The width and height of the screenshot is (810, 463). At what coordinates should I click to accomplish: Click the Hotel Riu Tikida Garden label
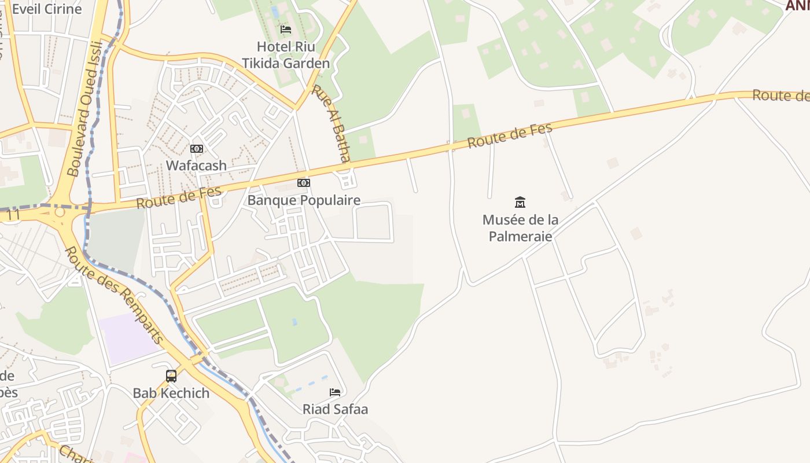click(x=286, y=55)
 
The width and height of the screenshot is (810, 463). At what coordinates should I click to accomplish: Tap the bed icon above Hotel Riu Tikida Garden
click(x=286, y=29)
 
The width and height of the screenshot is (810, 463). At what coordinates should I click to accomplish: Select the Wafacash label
click(x=196, y=166)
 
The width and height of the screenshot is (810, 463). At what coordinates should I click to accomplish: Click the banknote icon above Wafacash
click(x=197, y=149)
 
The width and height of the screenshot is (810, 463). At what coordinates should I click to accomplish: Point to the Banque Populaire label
click(x=304, y=200)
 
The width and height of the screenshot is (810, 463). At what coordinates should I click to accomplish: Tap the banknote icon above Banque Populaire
click(x=304, y=183)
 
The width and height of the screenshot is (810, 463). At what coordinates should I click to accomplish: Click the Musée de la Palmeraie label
click(x=520, y=228)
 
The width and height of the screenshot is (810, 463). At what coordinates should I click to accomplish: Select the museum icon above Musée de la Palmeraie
click(x=520, y=202)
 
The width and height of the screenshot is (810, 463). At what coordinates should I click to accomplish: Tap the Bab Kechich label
click(x=171, y=393)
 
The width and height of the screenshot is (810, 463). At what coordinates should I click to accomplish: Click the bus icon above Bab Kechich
click(x=171, y=376)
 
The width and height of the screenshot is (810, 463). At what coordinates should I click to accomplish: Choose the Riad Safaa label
click(x=335, y=409)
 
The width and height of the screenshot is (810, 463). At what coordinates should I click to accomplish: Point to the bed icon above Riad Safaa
click(x=335, y=392)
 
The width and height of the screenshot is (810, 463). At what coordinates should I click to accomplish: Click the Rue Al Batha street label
click(x=332, y=124)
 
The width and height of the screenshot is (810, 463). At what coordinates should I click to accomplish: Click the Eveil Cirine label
click(x=47, y=9)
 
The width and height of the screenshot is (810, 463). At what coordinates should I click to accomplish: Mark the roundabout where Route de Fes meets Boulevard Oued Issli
click(x=60, y=213)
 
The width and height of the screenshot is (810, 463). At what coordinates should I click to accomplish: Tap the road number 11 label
click(x=14, y=215)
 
